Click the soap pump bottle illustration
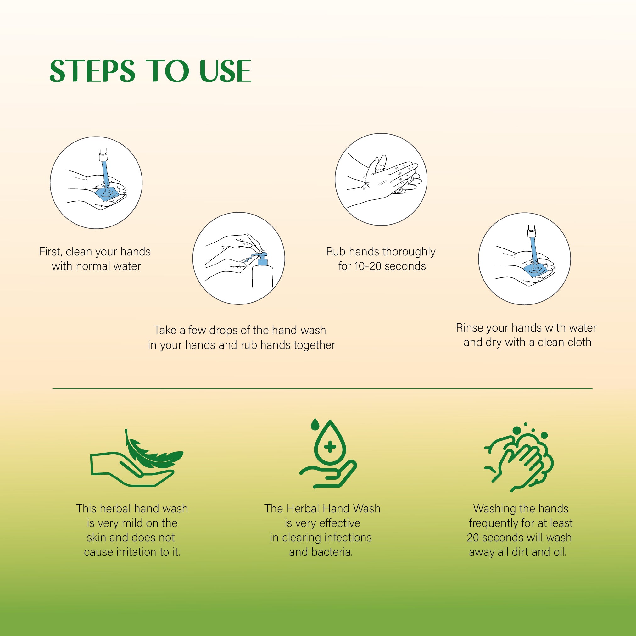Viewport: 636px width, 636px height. (x=262, y=271)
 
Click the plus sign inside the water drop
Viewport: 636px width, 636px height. (x=330, y=447)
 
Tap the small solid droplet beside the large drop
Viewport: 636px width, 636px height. (x=315, y=425)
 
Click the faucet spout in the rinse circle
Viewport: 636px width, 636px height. (x=531, y=232)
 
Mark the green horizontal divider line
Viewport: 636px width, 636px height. (x=322, y=388)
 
